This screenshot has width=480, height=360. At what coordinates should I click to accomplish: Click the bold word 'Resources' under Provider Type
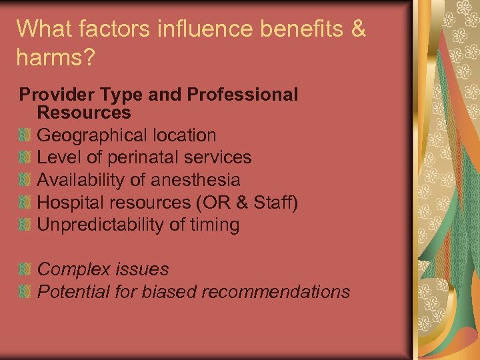click(x=84, y=112)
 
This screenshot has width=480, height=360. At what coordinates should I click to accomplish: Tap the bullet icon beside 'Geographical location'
click(x=25, y=135)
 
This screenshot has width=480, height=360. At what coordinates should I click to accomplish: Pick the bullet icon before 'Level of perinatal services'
click(x=25, y=158)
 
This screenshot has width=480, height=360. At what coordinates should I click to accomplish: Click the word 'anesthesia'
click(x=196, y=180)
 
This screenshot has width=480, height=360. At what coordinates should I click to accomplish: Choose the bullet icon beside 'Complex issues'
click(x=25, y=270)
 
